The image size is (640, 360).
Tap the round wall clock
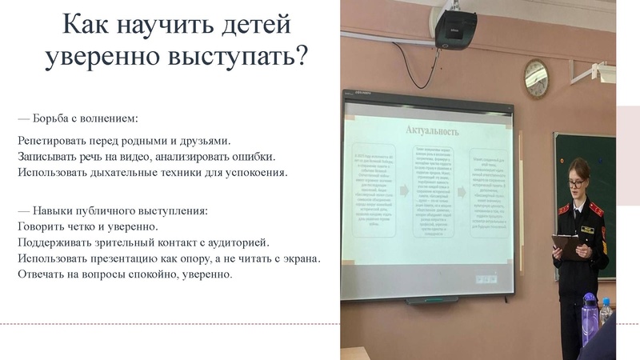(536, 78)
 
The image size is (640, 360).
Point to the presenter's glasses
(576, 182)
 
